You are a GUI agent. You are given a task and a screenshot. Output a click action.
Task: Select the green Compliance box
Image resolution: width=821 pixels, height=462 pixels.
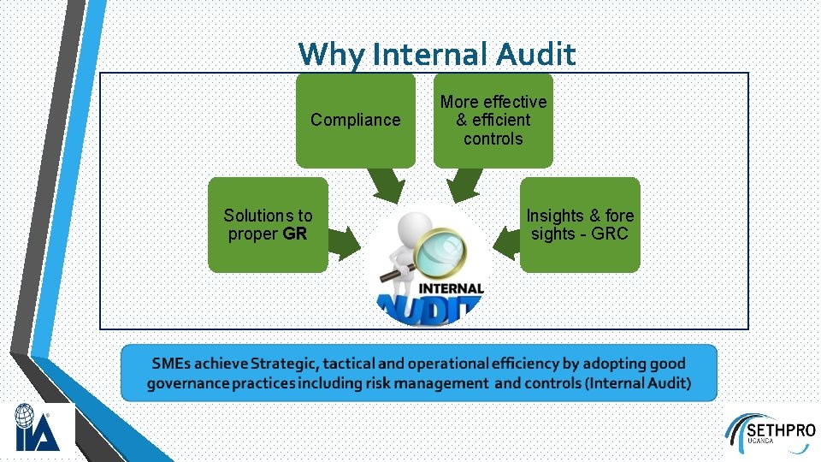[355, 120]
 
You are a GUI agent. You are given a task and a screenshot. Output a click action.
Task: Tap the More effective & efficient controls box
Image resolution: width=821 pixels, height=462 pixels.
[493, 120]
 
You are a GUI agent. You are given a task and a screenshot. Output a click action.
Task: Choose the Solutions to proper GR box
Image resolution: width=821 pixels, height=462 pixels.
[268, 224]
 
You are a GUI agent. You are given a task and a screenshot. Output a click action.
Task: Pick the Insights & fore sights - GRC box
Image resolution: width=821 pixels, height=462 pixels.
[580, 224]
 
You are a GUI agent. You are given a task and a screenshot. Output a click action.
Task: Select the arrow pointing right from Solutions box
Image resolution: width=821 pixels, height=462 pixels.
[344, 242]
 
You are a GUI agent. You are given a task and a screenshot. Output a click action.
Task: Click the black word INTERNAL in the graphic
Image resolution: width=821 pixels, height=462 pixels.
[451, 289]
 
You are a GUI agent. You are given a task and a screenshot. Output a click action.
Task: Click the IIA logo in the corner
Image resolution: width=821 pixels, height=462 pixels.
[37, 428]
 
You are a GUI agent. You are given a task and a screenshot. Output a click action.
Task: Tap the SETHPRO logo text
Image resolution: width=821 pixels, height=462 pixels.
[780, 429]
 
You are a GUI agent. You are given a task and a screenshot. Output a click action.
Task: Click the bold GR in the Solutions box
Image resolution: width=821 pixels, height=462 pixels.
[294, 234]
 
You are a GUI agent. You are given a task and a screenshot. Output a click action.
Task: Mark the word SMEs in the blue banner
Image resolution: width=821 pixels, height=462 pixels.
[169, 364]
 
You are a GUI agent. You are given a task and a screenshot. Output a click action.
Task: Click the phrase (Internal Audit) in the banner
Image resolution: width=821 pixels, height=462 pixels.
[638, 382]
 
